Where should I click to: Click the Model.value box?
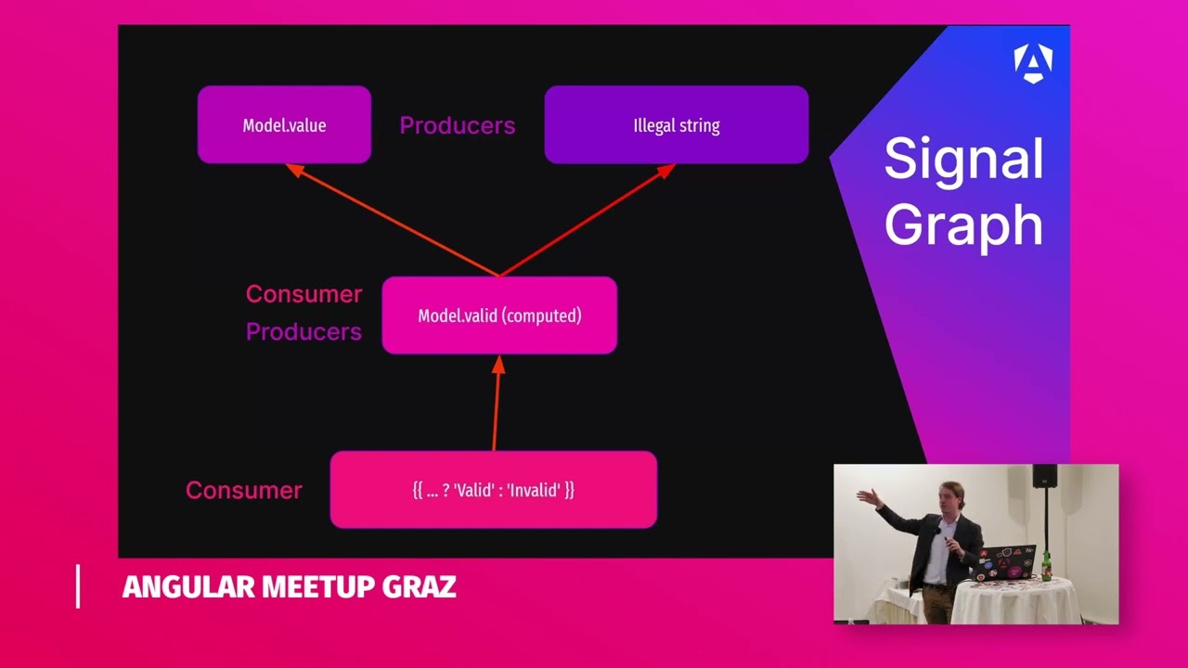coord(284,125)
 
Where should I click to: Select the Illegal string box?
coord(676,125)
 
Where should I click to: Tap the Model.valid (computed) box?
coord(499,315)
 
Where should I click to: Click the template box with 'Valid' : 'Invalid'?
coord(493,490)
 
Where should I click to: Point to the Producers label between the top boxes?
coord(457,125)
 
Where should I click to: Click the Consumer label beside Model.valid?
coord(303,294)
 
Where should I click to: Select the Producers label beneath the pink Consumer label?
coord(303,332)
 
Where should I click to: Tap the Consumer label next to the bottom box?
coord(243,490)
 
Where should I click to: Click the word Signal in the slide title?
coord(963,159)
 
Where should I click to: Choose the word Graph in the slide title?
coord(963,225)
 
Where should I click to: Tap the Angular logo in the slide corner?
coord(1032,63)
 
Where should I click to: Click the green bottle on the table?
coord(1046,565)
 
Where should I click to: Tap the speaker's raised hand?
coord(864,496)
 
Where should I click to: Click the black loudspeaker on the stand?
coord(1045,476)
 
